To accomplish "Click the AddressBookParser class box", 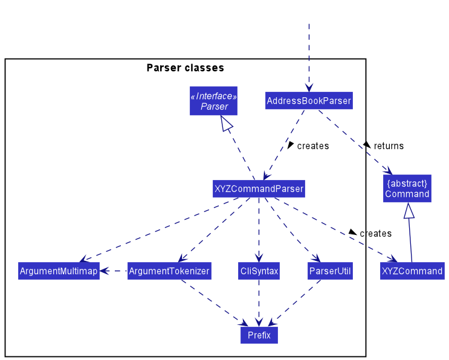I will tap(309, 100).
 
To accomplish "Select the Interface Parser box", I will tap(214, 101).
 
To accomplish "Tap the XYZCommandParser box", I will tap(259, 190).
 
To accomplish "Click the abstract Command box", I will tap(407, 188).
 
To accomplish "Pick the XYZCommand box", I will tap(412, 271).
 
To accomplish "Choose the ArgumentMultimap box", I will tap(58, 271).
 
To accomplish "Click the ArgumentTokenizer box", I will tap(169, 271).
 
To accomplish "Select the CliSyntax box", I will tap(259, 271).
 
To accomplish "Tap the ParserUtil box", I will tap(330, 271).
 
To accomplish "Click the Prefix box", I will tap(259, 335).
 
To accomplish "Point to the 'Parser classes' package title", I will tap(185, 68).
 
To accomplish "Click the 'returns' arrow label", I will tap(388, 146).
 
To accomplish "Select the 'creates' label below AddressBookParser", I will tap(312, 146).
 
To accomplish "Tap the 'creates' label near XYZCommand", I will tap(375, 233).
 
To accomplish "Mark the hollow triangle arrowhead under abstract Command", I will tap(409, 211).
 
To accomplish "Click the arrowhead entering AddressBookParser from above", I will tap(309, 86).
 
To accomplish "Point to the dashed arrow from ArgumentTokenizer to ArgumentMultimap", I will tap(114, 271).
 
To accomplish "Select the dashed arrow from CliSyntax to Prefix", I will tap(259, 302).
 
